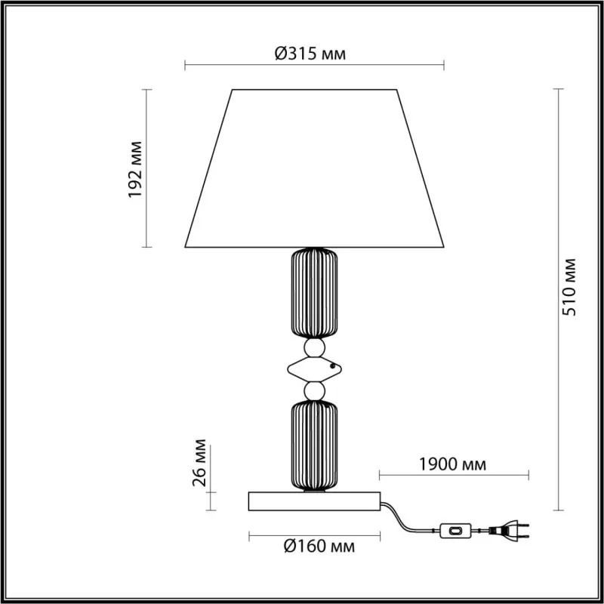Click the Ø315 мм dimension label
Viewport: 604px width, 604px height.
click(x=310, y=54)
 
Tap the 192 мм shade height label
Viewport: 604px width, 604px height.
click(x=135, y=169)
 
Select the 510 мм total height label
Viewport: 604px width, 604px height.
click(x=569, y=287)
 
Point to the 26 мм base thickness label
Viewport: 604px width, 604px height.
click(x=199, y=463)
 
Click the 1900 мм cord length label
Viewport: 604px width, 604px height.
click(x=452, y=464)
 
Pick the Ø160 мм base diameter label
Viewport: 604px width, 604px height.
click(x=319, y=546)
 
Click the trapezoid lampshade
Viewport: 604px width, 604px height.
click(x=314, y=168)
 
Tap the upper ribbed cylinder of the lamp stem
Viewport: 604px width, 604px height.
click(x=314, y=293)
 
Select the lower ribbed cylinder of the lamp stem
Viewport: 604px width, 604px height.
click(x=314, y=445)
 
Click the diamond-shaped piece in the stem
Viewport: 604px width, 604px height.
click(x=314, y=369)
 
